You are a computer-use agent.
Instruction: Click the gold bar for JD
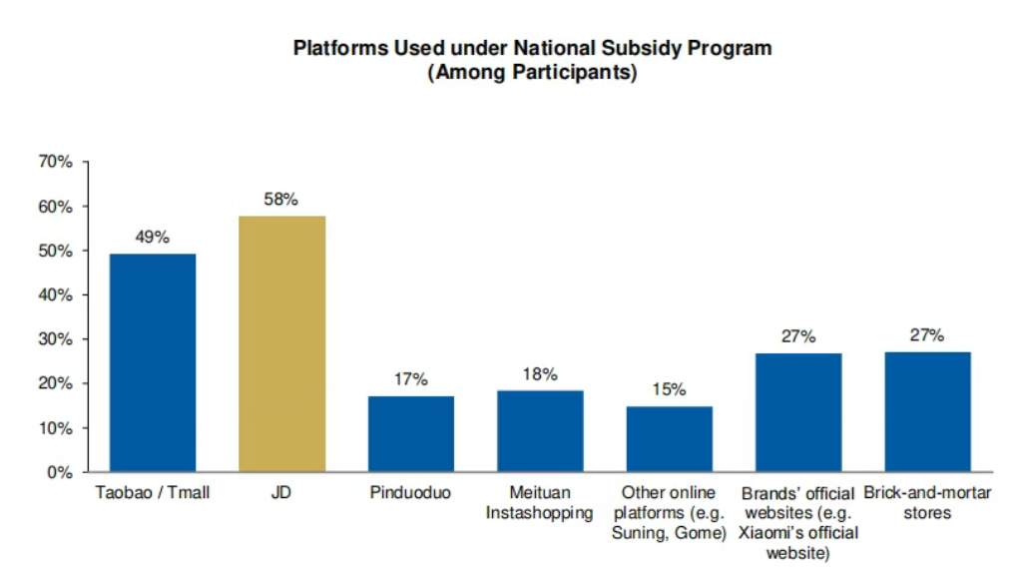point(281,343)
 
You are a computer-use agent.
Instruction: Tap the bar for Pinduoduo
point(411,433)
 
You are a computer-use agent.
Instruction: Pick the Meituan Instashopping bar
point(540,430)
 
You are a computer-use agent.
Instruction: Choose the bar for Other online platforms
point(669,438)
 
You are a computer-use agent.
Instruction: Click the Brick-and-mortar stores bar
point(927,411)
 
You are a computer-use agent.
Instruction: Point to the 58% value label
point(281,200)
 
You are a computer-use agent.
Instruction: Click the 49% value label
point(153,238)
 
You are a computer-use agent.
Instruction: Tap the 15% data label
point(669,390)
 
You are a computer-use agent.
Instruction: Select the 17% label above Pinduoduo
point(411,379)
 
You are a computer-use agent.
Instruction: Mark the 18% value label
point(540,373)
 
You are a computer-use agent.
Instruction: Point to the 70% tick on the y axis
point(55,162)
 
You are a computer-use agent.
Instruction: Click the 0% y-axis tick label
point(60,472)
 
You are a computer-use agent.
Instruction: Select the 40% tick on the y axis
point(55,295)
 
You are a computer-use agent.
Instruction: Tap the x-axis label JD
point(281,493)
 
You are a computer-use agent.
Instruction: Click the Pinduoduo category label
point(411,493)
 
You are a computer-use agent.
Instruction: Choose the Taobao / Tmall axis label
point(153,493)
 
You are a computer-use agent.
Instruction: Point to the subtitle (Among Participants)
point(532,74)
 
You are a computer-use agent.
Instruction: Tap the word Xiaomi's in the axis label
point(768,533)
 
